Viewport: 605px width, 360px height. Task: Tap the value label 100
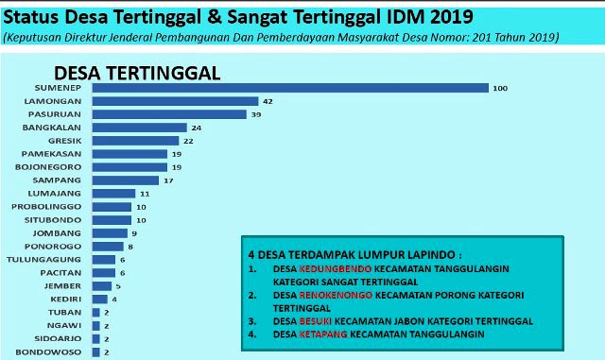(500, 88)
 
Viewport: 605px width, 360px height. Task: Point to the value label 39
(253, 114)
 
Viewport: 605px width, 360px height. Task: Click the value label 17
(167, 180)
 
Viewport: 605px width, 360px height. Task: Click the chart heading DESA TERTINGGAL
(138, 73)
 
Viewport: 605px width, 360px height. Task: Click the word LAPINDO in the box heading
(431, 255)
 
